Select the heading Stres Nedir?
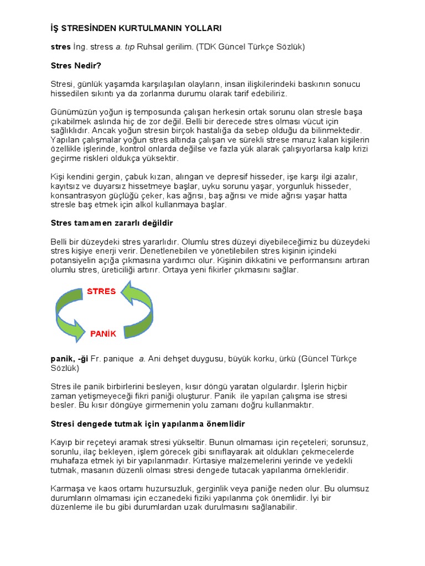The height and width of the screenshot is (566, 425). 75,65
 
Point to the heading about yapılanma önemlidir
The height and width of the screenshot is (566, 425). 147,423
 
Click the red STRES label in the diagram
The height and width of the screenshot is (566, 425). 101,291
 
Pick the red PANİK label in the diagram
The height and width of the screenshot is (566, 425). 103,334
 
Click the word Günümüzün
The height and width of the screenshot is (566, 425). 73,112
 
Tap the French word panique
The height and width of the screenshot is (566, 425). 118,359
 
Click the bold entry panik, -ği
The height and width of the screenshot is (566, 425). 70,359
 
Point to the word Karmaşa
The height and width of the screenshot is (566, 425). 69,489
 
